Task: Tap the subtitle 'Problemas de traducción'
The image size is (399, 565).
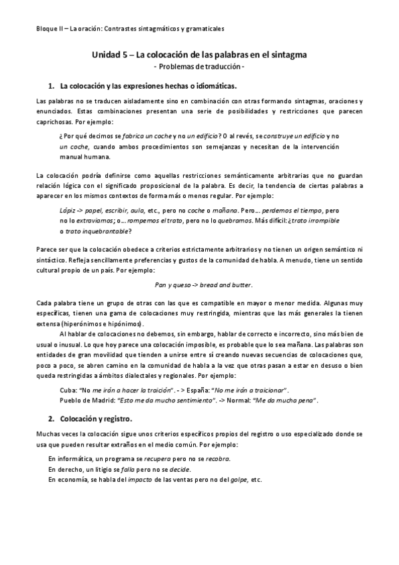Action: coord(200,68)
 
